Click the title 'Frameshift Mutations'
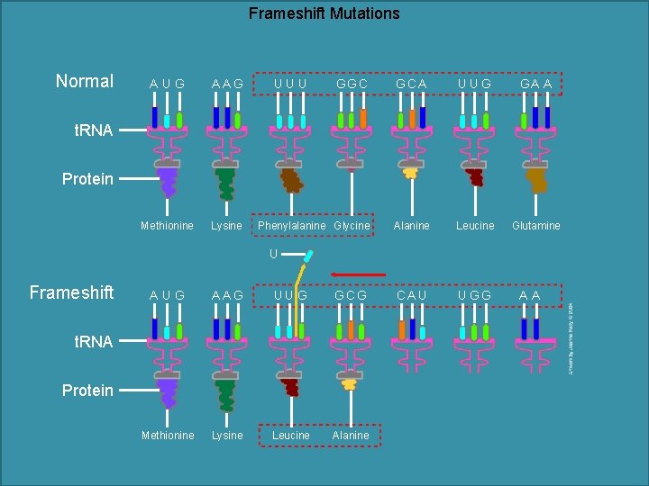coord(324,13)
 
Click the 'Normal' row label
coord(84,81)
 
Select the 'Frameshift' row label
coord(71,292)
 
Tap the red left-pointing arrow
coord(358,274)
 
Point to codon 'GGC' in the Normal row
coord(352,84)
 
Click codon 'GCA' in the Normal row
coord(412,84)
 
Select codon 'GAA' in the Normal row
coord(535,84)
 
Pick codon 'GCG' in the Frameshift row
coord(351,295)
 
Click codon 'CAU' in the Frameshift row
coord(411,295)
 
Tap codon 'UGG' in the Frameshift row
coord(474,295)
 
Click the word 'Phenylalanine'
coord(292,226)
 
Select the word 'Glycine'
coord(352,226)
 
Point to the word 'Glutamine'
coord(536,226)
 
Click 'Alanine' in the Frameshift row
coord(351,436)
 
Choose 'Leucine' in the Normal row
coord(475,226)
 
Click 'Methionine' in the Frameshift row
coord(168,436)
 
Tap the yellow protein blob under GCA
coord(411,172)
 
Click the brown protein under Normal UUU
coord(291,180)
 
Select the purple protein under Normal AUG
coord(168,181)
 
